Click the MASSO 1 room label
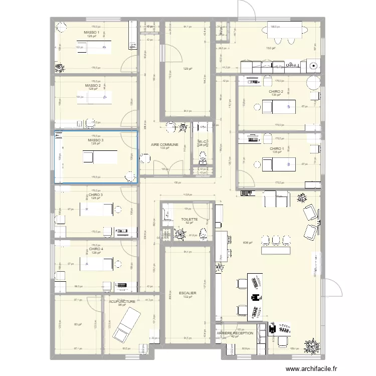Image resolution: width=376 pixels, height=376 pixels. click(92, 33)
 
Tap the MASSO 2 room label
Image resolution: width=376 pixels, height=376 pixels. click(93, 86)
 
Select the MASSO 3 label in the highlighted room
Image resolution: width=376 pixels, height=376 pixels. click(95, 140)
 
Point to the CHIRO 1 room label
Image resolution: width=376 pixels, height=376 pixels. click(277, 149)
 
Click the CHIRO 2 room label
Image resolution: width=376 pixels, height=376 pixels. click(276, 92)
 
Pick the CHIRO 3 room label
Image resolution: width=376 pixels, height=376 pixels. click(96, 195)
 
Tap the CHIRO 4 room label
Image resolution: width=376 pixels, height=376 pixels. click(96, 249)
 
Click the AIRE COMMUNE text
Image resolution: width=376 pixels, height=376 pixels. click(164, 144)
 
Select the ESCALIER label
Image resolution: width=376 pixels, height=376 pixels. click(187, 293)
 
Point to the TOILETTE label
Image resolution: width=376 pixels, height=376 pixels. click(190, 219)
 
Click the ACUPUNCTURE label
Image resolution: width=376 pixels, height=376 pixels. click(122, 302)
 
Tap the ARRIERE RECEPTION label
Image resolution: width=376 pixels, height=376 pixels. click(235, 333)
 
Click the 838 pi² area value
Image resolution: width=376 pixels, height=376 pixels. click(248, 242)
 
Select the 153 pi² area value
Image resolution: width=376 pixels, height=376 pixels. click(270, 48)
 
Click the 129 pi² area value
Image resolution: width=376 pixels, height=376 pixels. click(187, 70)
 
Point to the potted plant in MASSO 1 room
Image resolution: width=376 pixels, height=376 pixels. click(60, 68)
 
